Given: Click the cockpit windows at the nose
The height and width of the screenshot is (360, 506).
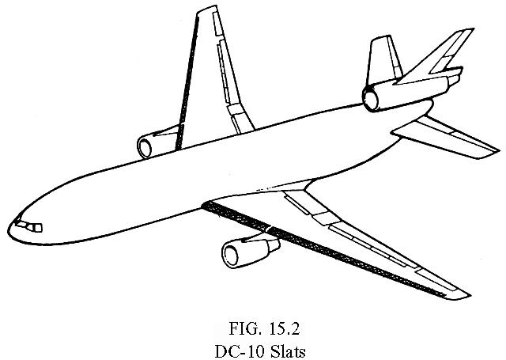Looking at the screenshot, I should coord(30,227).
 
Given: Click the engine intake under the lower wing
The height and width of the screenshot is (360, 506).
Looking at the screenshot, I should coord(232,254).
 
